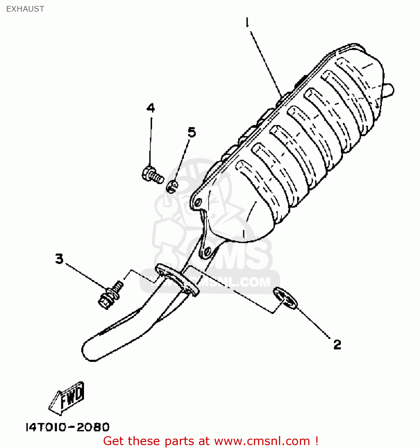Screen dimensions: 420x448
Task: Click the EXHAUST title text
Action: tap(25, 9)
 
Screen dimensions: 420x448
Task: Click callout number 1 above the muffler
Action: tap(247, 22)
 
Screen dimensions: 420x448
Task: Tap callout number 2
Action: tap(337, 345)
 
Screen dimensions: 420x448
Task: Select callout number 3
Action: tap(59, 259)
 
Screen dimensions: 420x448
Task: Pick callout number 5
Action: tap(192, 132)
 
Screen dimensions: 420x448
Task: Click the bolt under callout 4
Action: tap(153, 175)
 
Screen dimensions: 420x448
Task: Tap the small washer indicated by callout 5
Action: tap(172, 187)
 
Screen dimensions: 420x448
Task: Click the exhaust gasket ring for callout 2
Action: tap(285, 298)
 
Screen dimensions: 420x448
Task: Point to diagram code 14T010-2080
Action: tap(68, 427)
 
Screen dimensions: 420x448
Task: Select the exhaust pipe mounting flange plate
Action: tap(177, 280)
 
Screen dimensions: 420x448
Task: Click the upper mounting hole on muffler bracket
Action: tap(198, 202)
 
